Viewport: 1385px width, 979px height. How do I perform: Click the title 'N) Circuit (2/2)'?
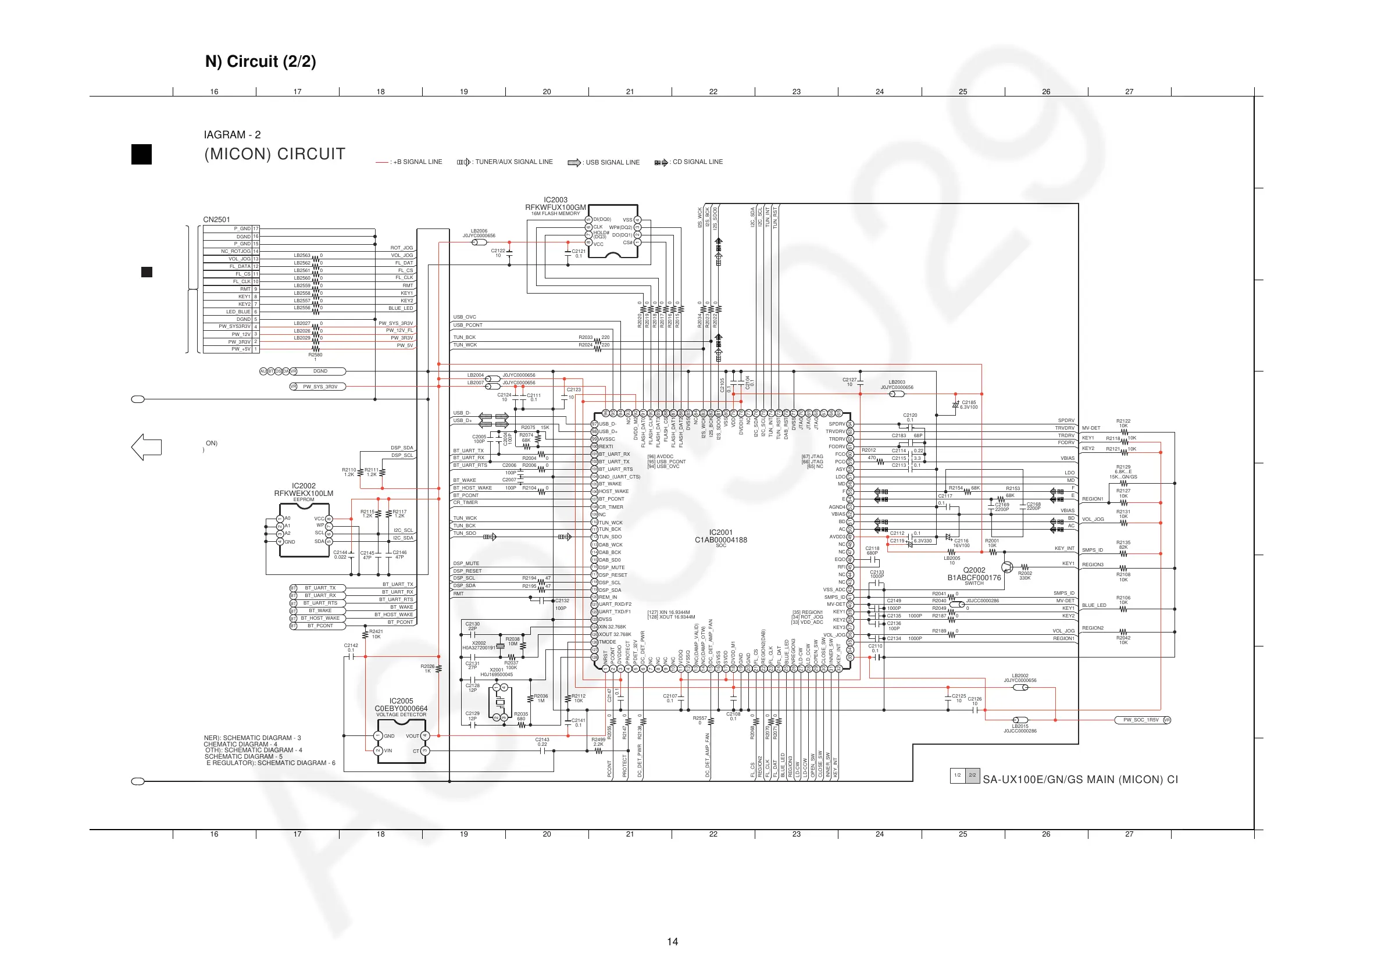260,62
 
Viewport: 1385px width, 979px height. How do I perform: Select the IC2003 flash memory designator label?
555,199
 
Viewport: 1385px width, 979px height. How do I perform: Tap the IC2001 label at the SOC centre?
720,533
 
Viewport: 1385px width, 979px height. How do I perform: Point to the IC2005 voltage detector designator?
401,701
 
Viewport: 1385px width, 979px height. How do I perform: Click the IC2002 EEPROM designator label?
304,485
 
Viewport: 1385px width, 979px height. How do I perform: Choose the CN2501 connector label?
216,220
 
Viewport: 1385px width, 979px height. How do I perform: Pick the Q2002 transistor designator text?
973,570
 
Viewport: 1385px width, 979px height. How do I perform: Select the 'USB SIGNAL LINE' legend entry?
612,162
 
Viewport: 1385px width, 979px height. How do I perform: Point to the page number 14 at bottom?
672,942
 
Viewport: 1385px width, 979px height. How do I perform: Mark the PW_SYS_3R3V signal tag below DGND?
320,387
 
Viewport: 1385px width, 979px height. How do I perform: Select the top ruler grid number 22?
713,92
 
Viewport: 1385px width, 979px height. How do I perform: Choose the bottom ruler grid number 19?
463,834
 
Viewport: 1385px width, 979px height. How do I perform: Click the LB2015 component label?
1019,726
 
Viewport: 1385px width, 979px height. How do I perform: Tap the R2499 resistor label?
598,739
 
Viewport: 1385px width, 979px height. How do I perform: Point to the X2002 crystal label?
479,643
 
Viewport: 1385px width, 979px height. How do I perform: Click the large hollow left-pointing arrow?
147,447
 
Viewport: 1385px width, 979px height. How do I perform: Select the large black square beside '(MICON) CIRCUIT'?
142,155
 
